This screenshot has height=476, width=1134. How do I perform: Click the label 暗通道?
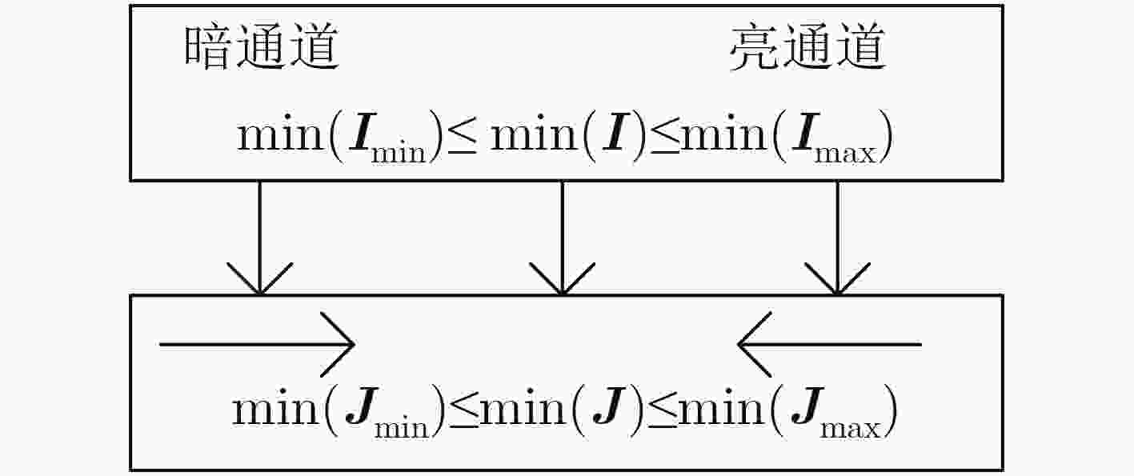pos(261,47)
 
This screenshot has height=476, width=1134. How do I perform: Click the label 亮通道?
pos(807,47)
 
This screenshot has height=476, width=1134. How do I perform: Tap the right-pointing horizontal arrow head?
pos(339,345)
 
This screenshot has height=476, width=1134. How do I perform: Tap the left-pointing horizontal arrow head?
pos(755,345)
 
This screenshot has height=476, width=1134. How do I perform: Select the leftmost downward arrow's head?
pos(260,278)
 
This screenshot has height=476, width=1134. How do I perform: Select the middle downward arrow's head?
pos(563,278)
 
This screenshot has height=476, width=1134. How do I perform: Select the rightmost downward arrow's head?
pos(837,278)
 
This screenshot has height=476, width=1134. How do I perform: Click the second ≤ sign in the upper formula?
pos(664,137)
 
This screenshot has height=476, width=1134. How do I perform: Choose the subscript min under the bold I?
pos(399,154)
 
